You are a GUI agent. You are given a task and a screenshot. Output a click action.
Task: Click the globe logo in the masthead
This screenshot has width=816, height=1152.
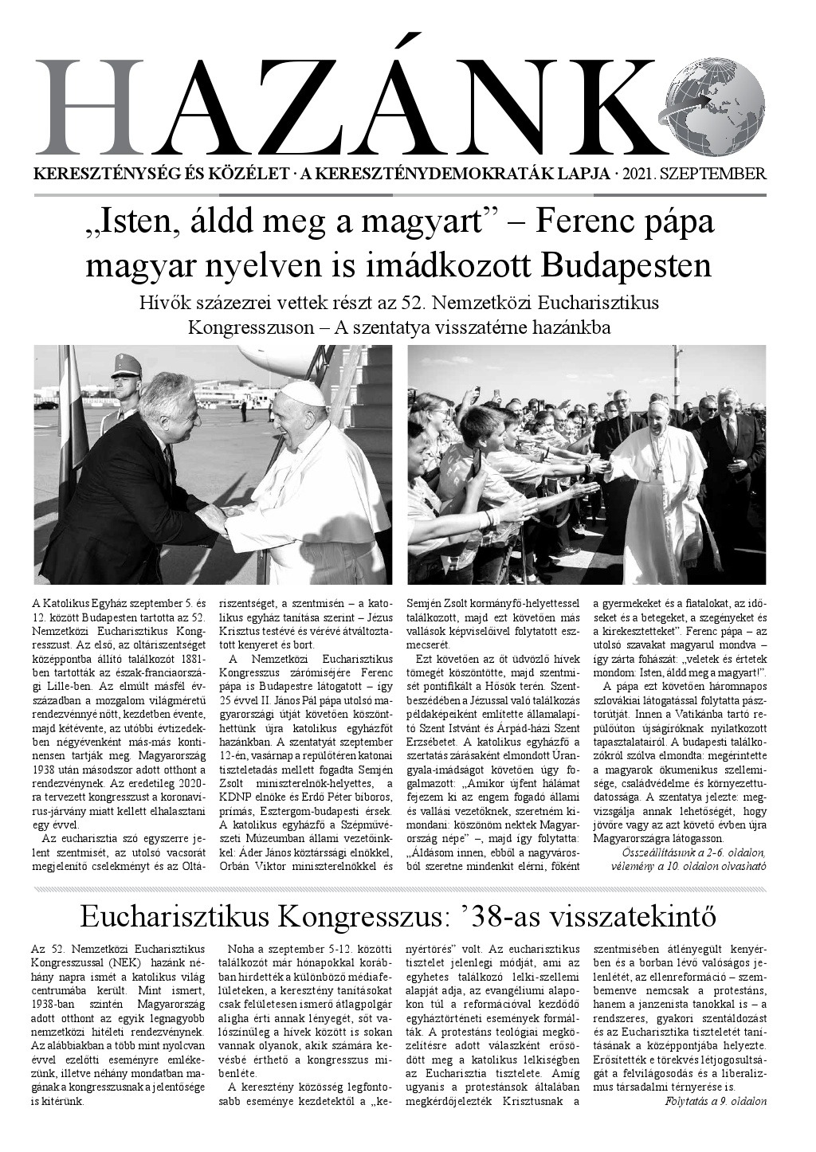[x=713, y=108]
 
